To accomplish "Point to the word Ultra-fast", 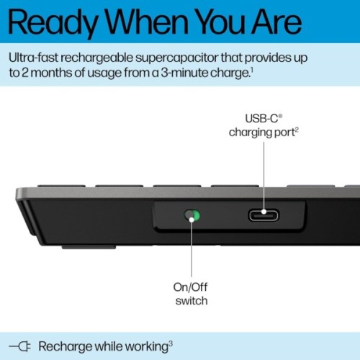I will tap(37, 57).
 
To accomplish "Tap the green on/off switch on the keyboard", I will tap(192, 215).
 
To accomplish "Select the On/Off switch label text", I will tap(192, 294).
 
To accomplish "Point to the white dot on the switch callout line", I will tap(192, 216).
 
